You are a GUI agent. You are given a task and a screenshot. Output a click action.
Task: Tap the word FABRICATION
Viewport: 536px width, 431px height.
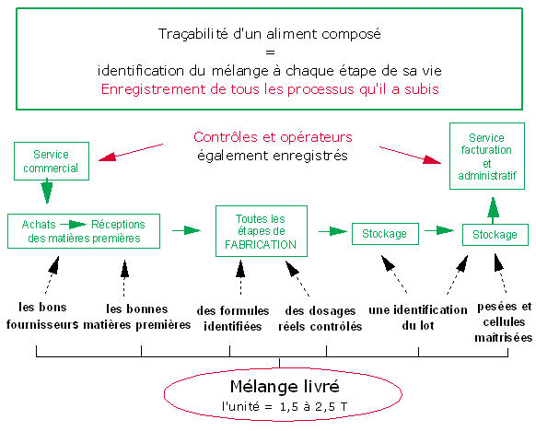(x=261, y=244)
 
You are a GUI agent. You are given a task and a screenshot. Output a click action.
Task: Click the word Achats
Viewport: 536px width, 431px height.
(x=39, y=224)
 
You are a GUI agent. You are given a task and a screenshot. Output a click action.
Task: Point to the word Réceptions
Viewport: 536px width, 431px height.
(x=118, y=224)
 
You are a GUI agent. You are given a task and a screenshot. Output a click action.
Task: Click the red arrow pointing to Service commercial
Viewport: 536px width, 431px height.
(x=131, y=152)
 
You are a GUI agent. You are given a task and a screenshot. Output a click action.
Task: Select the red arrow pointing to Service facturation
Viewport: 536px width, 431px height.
(x=410, y=156)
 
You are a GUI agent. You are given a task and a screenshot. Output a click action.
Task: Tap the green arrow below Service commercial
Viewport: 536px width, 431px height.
(x=47, y=192)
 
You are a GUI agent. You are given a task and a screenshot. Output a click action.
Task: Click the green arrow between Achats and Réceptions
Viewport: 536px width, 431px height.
(x=73, y=224)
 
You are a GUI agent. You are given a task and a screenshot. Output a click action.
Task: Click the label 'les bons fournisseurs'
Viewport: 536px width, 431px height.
(x=42, y=316)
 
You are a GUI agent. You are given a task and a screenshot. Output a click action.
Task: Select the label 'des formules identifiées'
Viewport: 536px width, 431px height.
(x=233, y=319)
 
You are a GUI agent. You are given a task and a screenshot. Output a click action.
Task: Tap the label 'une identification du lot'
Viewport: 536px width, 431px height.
(x=418, y=318)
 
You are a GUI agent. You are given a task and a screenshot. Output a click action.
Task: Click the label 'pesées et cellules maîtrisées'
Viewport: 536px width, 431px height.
(x=504, y=322)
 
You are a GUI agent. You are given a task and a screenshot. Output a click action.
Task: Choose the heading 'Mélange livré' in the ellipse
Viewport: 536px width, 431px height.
(x=285, y=386)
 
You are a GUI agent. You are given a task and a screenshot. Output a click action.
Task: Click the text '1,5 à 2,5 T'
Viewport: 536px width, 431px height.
(x=313, y=407)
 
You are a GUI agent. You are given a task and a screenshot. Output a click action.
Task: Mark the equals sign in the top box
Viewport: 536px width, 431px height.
(x=270, y=52)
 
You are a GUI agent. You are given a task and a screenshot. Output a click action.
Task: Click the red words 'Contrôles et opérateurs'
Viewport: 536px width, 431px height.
(x=273, y=137)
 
